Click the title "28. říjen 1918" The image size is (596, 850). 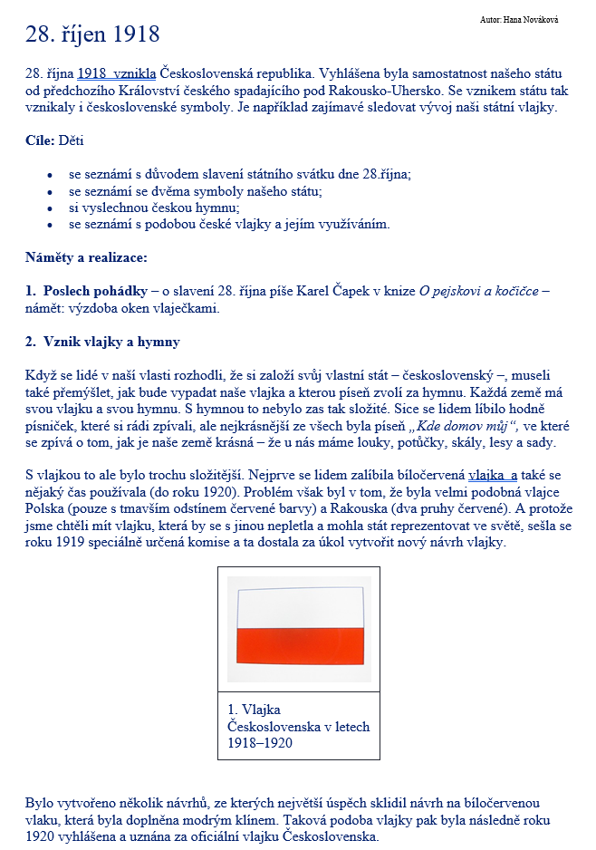(92, 35)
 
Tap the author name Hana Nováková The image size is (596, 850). (519, 19)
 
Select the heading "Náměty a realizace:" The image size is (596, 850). (86, 257)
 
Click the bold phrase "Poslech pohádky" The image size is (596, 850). (95, 291)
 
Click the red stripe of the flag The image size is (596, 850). (299, 644)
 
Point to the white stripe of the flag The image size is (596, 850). (299, 607)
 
